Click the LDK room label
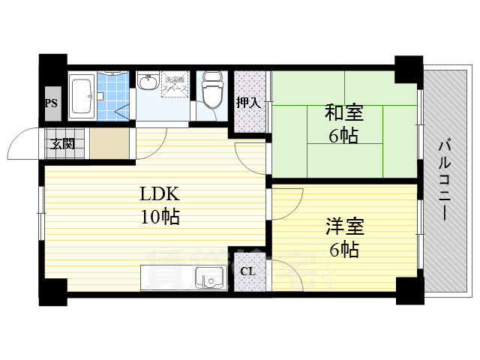click(160, 194)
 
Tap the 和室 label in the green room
click(343, 112)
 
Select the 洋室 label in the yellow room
click(343, 224)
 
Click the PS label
click(51, 104)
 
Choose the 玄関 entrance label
click(63, 143)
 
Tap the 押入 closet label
click(248, 102)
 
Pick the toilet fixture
click(213, 92)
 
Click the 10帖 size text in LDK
click(160, 217)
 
